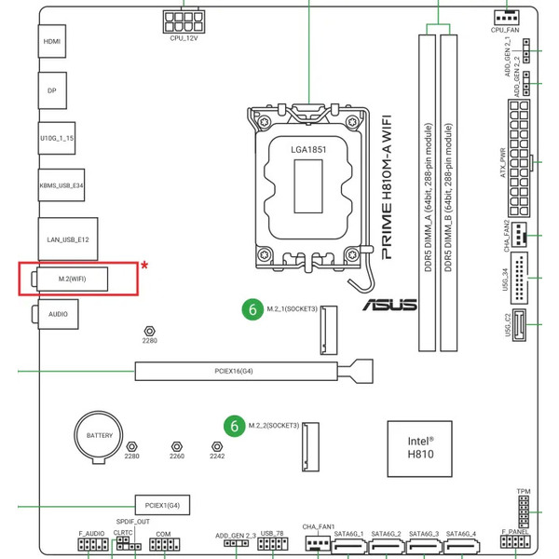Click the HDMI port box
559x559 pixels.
coord(52,42)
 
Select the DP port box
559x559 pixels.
coord(52,90)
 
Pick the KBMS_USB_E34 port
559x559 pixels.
coord(61,185)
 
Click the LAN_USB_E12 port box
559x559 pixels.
coord(67,239)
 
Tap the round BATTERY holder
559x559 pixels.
coord(99,436)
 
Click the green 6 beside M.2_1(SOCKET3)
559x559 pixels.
coord(251,308)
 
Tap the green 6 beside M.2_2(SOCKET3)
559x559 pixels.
coord(233,426)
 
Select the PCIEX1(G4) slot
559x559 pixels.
coord(162,505)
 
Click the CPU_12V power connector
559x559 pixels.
coord(183,19)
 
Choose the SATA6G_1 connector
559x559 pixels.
coord(348,547)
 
